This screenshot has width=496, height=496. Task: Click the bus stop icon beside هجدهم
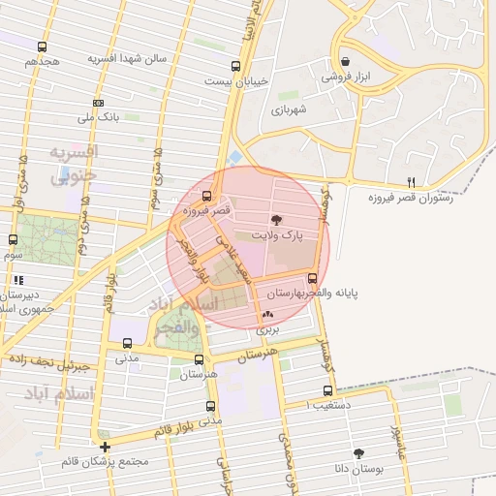tap(42, 46)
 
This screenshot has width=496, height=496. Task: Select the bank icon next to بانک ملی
tap(98, 103)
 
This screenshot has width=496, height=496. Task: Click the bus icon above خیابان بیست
tap(236, 67)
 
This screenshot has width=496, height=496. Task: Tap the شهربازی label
tap(289, 110)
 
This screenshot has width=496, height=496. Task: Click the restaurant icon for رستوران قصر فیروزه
tap(411, 182)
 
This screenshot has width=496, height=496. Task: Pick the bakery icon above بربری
tap(267, 314)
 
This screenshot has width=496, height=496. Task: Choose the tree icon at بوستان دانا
tap(359, 453)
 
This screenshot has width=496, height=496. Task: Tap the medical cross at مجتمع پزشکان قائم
tap(105, 448)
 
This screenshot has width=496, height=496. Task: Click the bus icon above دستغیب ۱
tap(326, 391)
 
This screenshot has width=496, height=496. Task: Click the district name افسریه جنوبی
tap(73, 165)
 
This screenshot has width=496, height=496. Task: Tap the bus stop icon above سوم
tap(13, 240)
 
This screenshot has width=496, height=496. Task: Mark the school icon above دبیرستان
tap(16, 281)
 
